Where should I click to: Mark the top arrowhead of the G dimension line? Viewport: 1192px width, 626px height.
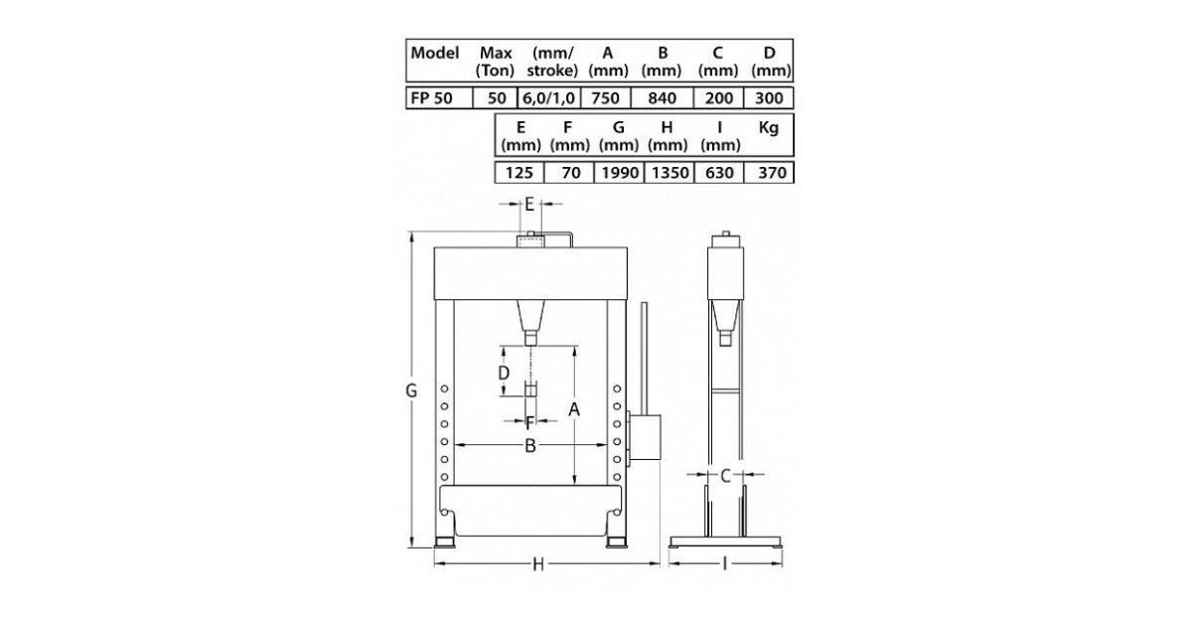411,237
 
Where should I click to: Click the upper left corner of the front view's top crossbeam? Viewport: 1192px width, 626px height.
434,247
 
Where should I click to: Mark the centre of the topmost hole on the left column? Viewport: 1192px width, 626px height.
444,390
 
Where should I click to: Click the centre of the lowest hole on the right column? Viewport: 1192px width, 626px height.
617,477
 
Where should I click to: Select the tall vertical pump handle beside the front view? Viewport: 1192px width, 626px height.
644,359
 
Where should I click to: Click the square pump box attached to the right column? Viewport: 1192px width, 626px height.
645,437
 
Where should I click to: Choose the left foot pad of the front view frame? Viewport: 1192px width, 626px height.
444,543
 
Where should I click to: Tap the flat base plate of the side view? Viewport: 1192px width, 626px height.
725,542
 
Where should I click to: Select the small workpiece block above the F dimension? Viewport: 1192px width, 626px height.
530,390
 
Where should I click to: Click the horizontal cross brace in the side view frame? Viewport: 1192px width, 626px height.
726,391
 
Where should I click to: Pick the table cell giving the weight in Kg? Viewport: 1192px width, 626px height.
769,173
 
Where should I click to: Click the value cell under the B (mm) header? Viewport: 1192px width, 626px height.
662,98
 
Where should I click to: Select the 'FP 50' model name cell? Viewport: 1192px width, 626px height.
439,98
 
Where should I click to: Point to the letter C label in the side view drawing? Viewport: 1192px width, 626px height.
725,475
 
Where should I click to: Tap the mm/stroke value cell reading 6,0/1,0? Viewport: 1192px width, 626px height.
548,98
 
